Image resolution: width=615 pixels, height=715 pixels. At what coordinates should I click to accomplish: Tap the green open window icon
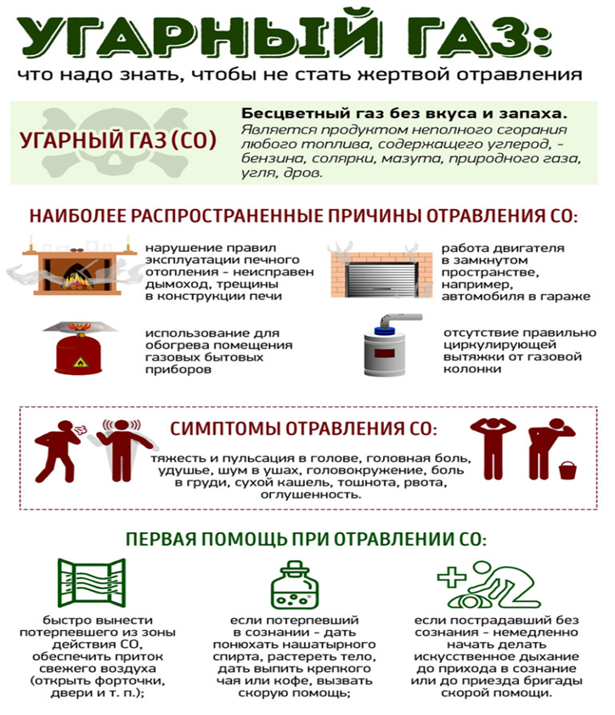91,584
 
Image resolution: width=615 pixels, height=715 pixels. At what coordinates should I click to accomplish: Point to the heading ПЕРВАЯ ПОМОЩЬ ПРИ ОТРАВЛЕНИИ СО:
306,539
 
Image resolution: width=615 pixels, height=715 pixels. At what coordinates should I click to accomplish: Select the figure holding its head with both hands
490,447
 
